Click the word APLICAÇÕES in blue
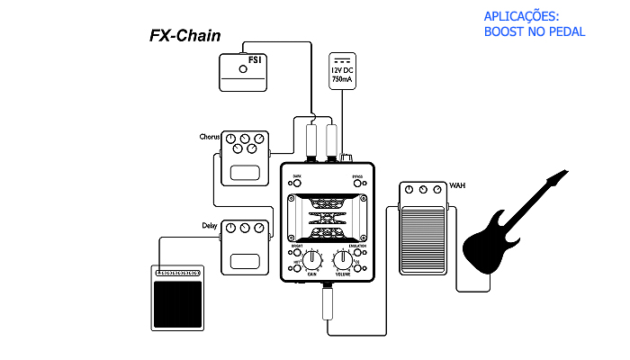pyautogui.click(x=521, y=17)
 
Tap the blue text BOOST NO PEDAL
pyautogui.click(x=534, y=31)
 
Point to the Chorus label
pyautogui.click(x=210, y=138)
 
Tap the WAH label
pyautogui.click(x=457, y=187)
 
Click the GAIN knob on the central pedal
pyautogui.click(x=311, y=260)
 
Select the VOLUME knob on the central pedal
pyautogui.click(x=343, y=260)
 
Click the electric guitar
pyautogui.click(x=504, y=225)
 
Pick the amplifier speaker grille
pyautogui.click(x=176, y=304)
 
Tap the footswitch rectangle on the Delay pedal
pyautogui.click(x=245, y=262)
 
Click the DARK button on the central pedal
pyautogui.click(x=296, y=183)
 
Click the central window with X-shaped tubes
pyautogui.click(x=327, y=218)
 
